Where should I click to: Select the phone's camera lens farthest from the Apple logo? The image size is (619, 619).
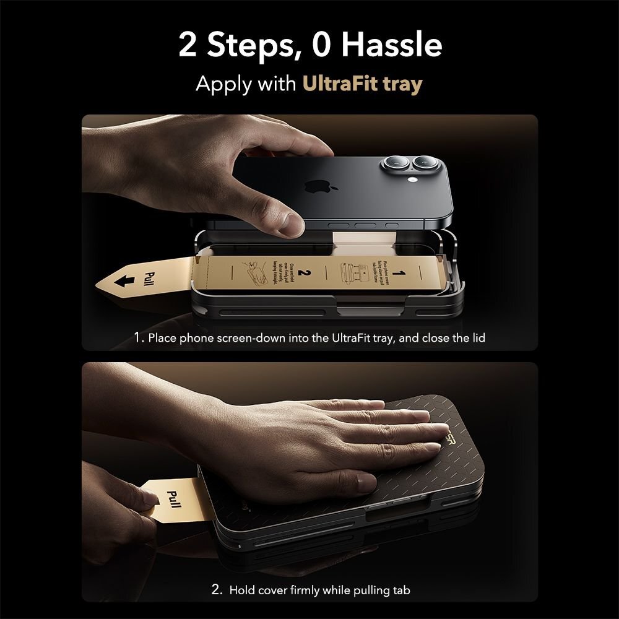[426, 166]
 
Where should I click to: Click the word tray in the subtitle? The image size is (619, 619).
[402, 84]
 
